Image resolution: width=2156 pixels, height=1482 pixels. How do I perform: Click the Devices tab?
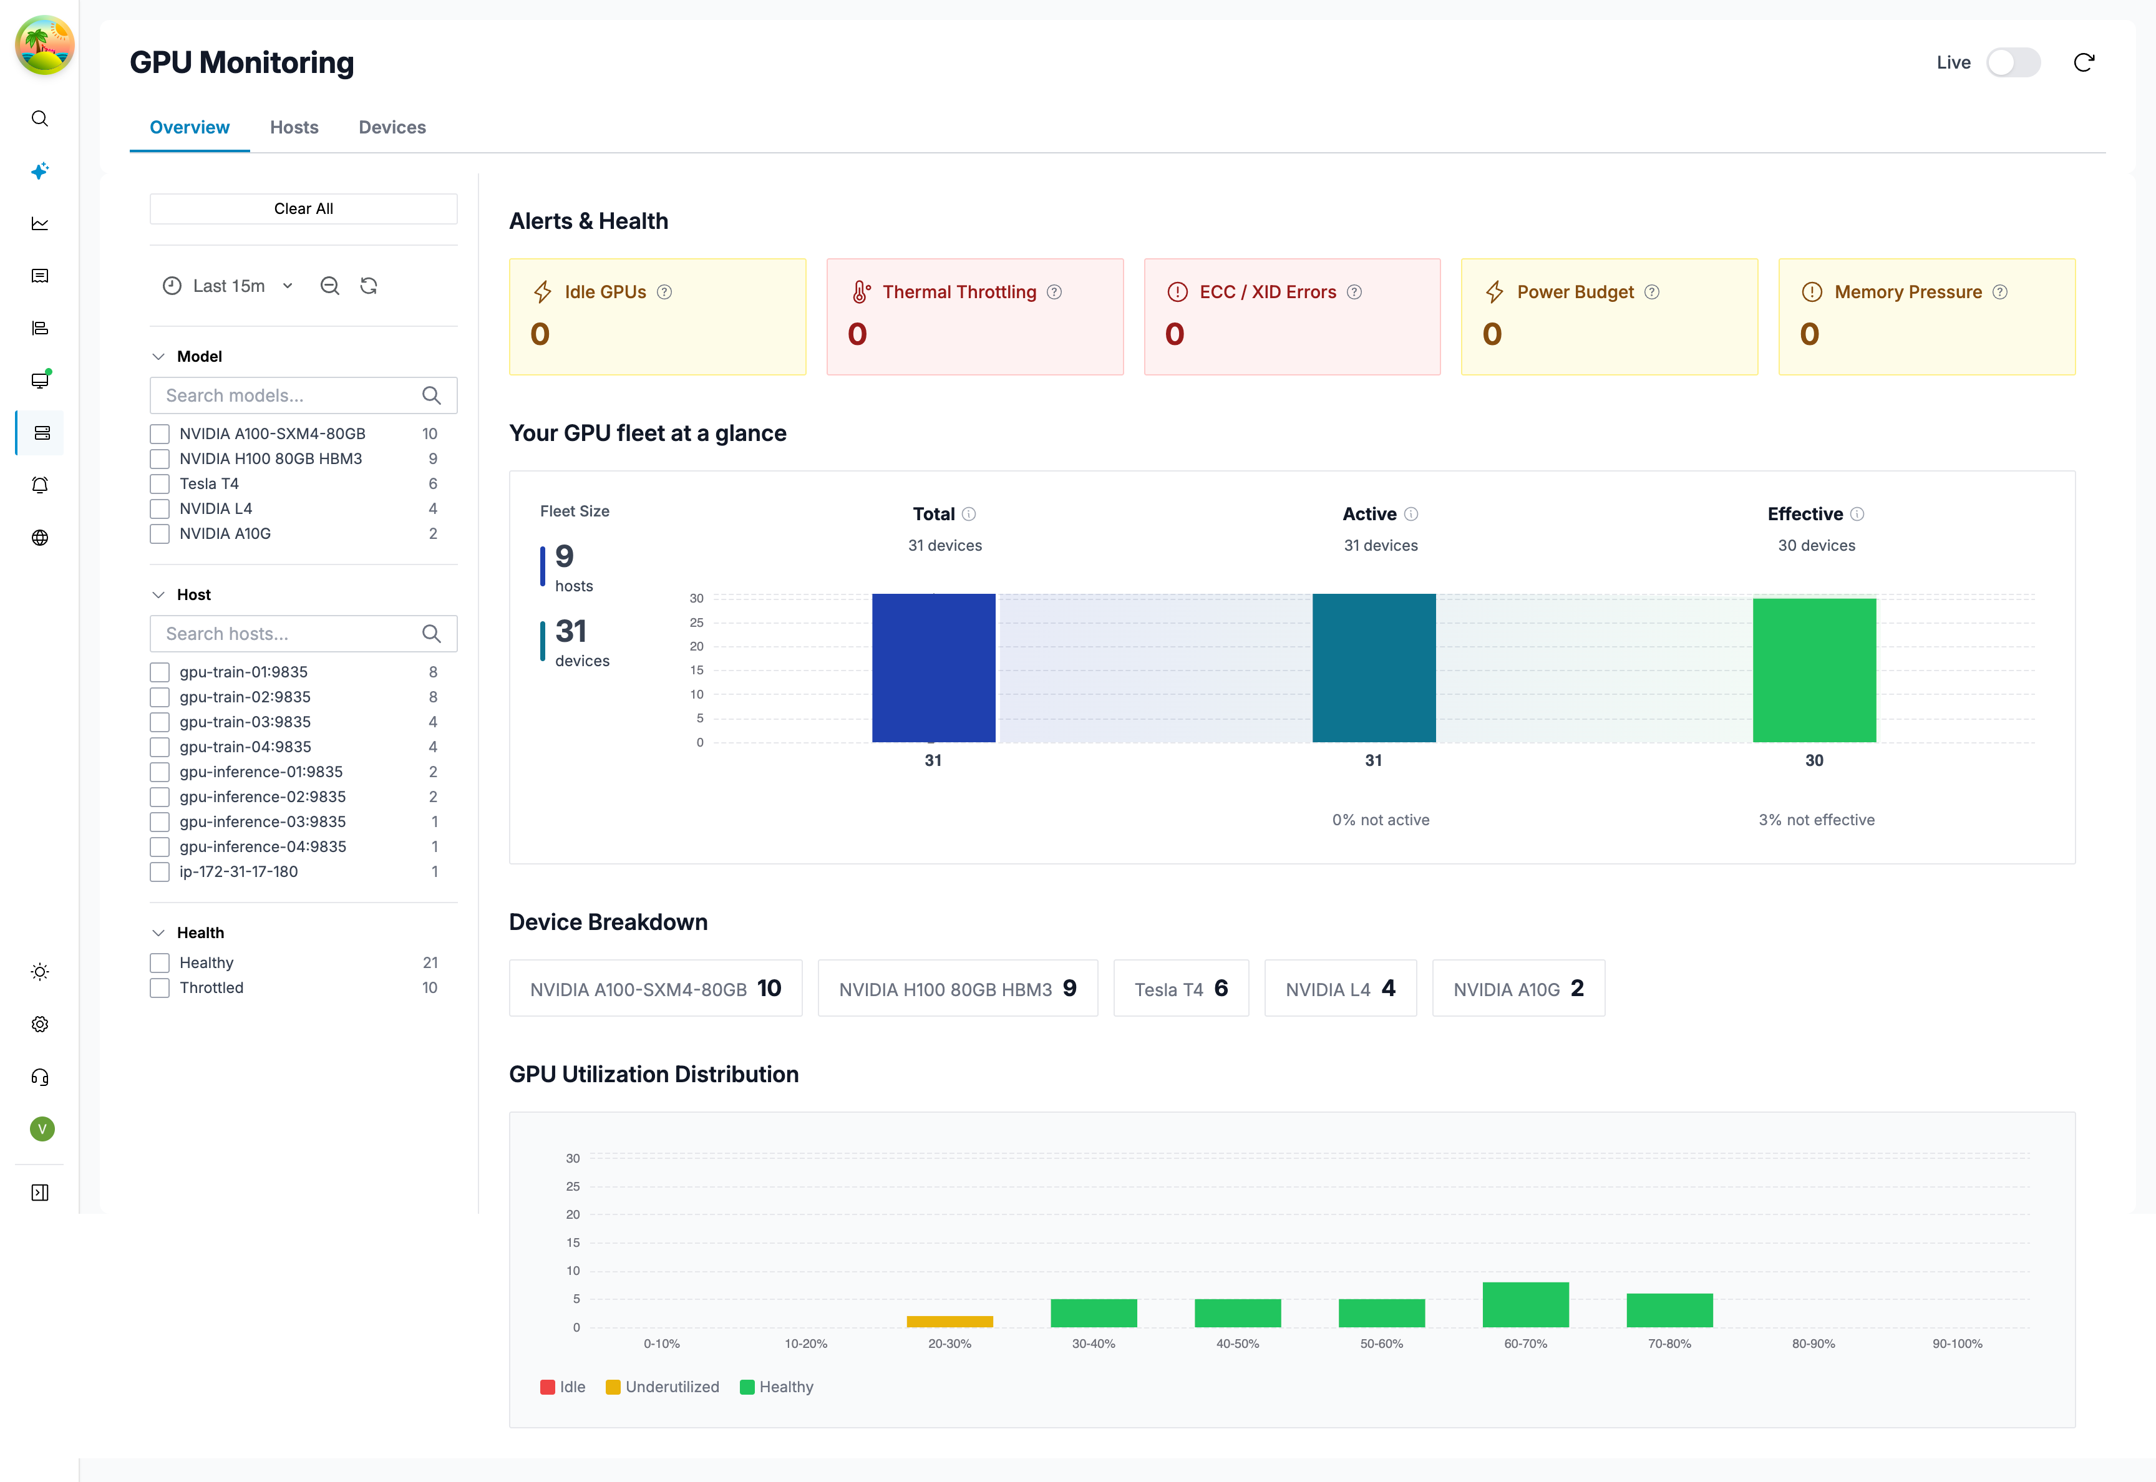point(392,127)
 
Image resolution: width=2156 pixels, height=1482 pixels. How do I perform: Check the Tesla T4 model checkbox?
point(160,484)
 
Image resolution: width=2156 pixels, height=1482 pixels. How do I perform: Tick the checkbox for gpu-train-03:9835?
point(160,722)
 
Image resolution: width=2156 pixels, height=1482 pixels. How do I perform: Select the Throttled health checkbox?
point(160,988)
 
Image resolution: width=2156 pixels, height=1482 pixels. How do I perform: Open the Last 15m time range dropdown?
point(228,286)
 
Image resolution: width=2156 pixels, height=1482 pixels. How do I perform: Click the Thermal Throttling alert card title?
point(958,291)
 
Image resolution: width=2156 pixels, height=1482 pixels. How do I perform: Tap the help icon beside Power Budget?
point(1651,291)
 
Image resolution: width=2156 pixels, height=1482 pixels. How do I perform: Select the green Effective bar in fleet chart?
point(1814,671)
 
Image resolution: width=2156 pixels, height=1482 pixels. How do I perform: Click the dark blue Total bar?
point(933,667)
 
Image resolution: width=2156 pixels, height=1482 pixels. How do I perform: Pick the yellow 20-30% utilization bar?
point(949,1321)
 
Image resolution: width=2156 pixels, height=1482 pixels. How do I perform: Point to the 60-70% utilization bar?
point(1525,1305)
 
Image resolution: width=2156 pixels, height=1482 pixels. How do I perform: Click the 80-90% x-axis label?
point(1812,1344)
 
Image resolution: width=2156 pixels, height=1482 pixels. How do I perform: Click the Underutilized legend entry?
point(662,1387)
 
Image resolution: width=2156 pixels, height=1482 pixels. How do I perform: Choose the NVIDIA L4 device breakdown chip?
point(1340,988)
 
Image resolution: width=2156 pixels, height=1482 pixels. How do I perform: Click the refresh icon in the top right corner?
point(2084,62)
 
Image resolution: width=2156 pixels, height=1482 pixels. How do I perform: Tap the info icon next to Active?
point(1411,513)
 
